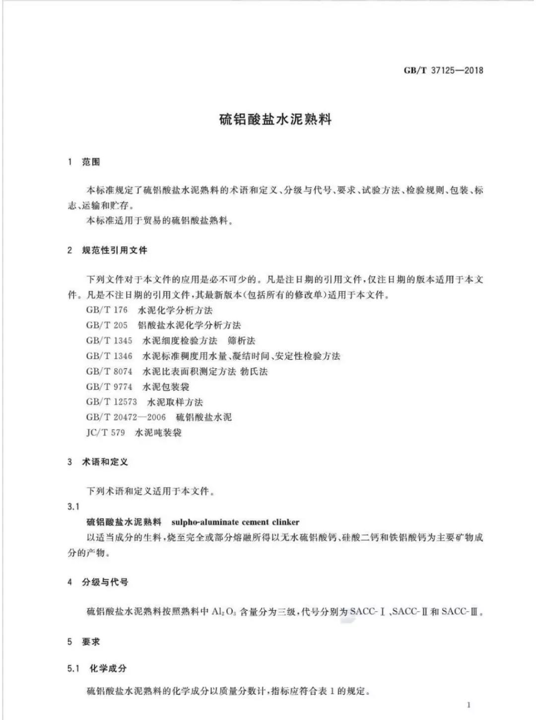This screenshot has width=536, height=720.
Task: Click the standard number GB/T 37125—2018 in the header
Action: click(443, 70)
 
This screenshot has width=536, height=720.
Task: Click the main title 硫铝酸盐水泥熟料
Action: click(275, 120)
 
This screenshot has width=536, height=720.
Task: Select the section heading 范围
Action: click(91, 162)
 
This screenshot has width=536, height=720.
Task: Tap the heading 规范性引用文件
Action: click(115, 250)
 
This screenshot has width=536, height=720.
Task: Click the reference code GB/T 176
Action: click(107, 310)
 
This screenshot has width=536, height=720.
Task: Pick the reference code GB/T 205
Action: click(107, 326)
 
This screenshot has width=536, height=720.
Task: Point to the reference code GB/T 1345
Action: click(109, 341)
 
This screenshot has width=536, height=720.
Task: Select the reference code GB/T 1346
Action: click(109, 356)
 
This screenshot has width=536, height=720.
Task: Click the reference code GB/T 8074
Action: click(109, 372)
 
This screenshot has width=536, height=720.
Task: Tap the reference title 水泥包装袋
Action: click(166, 387)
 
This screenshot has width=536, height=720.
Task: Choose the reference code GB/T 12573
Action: click(112, 402)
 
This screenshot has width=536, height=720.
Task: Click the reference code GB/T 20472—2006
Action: click(126, 417)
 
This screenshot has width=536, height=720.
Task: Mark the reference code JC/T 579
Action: click(106, 433)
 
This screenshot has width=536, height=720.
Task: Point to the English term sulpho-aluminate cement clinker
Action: click(235, 522)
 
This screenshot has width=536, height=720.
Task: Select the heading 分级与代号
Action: click(105, 582)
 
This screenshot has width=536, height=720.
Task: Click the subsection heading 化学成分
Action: click(108, 668)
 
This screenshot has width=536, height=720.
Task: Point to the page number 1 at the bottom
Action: click(469, 705)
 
